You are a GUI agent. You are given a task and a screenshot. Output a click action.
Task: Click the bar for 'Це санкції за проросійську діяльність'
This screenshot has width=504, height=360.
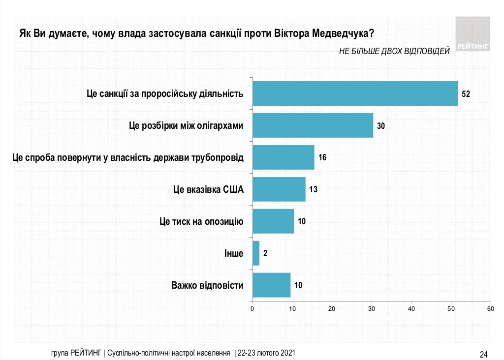355,93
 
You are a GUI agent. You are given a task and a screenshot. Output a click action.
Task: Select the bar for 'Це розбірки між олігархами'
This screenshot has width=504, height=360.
313,125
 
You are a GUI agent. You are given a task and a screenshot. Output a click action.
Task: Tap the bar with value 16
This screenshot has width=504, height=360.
283,157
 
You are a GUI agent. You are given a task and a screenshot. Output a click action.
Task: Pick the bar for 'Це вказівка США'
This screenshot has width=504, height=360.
279,189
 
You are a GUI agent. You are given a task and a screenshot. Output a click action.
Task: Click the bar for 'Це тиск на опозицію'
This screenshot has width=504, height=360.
273,221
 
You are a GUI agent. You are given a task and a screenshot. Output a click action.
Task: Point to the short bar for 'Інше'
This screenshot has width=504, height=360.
256,253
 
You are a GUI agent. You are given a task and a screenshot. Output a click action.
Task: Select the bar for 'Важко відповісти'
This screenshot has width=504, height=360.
271,285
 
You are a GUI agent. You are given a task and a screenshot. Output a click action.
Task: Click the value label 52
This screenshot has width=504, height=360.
466,93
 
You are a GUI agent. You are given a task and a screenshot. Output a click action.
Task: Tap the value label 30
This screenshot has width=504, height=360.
380,125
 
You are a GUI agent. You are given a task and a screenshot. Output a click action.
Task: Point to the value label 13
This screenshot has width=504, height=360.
313,189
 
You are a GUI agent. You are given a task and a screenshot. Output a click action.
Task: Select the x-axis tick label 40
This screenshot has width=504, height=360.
411,308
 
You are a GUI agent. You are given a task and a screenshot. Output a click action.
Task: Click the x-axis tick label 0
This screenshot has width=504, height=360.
252,308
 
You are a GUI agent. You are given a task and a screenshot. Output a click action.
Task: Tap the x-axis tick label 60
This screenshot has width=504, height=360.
491,308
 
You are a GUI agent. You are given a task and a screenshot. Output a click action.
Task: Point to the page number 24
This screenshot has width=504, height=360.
483,354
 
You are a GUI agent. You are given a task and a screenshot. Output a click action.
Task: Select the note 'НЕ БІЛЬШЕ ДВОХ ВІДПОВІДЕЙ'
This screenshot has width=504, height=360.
394,52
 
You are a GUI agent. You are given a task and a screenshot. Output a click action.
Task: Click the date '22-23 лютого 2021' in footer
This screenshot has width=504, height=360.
267,354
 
